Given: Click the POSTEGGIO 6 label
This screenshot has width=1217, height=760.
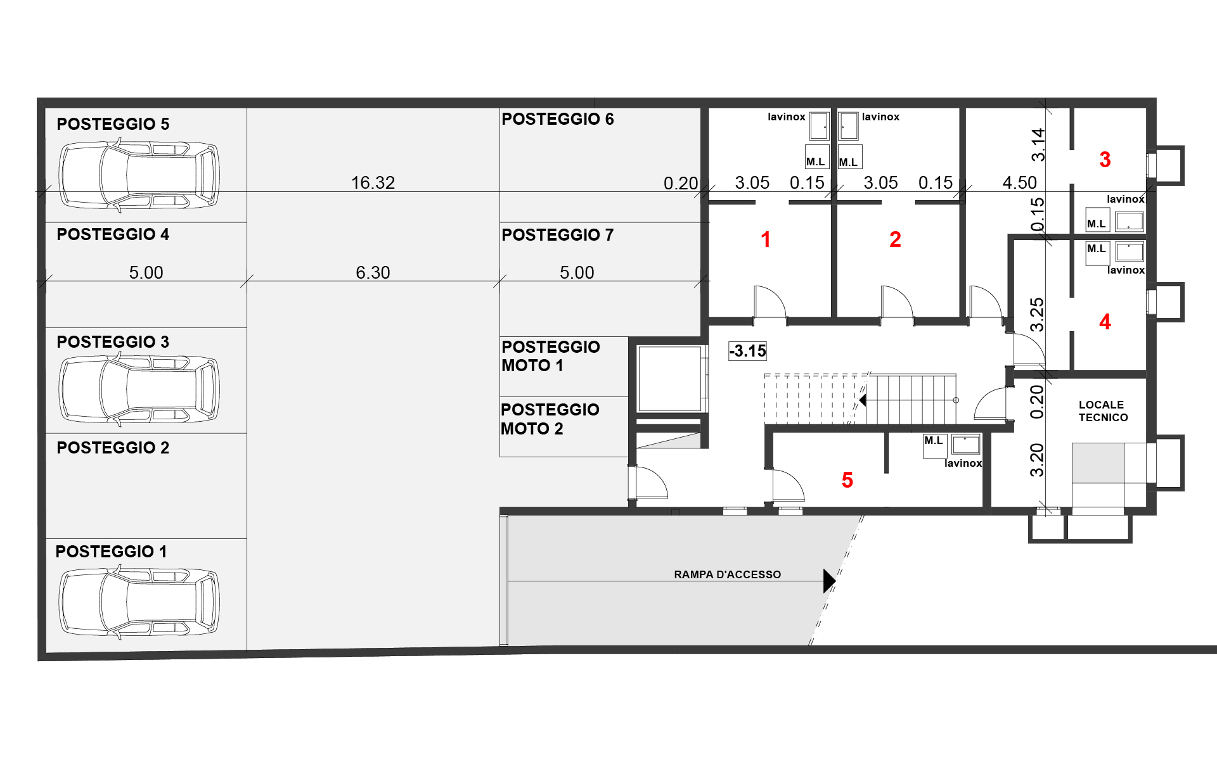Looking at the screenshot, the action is (558, 119).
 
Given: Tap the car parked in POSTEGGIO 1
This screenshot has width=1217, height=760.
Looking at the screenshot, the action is (139, 602).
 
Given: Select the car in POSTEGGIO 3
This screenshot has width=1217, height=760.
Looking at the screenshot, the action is (139, 389).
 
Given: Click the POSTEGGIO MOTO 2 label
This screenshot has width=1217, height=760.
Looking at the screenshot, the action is (550, 419).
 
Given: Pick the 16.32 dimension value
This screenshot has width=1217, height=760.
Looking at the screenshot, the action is (373, 183).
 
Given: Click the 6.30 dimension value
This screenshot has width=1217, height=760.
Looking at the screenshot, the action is (373, 273).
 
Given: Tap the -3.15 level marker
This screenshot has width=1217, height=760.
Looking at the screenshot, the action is (748, 351).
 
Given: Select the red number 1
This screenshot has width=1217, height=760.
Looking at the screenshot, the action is (766, 239).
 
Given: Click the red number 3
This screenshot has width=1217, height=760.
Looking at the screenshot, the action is (1105, 160).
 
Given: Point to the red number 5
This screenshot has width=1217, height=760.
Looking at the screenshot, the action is (847, 480).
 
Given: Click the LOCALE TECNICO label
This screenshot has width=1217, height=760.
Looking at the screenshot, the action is (1103, 411).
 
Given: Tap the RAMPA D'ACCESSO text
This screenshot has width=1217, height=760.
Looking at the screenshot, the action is (728, 574).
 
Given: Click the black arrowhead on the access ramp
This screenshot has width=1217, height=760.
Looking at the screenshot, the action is (829, 581).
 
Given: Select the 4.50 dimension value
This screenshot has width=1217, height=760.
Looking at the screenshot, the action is (1020, 183).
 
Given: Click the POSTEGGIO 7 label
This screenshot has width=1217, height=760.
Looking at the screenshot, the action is (558, 235).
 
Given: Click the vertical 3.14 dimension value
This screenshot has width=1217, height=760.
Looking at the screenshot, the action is (1038, 144).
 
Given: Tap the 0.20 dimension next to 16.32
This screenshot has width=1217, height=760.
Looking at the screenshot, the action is (681, 184).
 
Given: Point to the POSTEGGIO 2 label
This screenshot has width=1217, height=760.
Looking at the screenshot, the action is (113, 448).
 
